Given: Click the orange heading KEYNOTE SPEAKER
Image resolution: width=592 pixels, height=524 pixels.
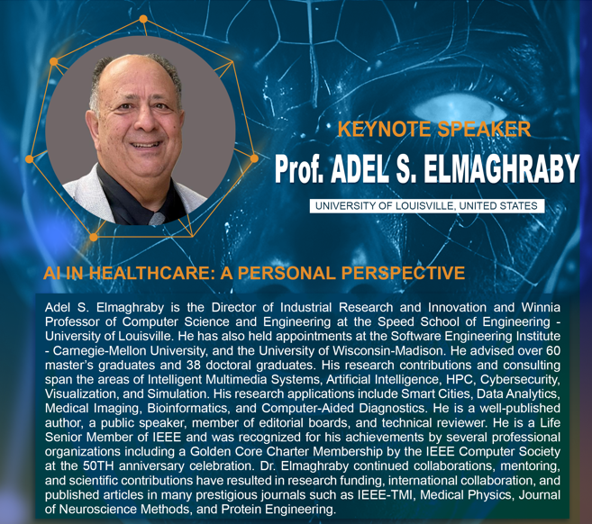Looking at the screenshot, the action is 433,129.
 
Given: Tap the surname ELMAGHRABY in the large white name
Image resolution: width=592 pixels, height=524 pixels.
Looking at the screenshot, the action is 501,168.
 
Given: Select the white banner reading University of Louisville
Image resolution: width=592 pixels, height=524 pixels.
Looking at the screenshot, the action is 427,206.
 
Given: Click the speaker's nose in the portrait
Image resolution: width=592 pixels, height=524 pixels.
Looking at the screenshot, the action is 145,123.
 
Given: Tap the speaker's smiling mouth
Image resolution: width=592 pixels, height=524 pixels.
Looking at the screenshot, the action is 146,144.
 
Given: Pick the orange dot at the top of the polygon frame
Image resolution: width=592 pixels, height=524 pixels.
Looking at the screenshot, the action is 143,19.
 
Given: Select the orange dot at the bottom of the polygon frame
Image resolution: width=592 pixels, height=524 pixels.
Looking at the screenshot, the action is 94,238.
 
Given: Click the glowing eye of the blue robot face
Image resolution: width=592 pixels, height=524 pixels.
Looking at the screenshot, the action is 457,109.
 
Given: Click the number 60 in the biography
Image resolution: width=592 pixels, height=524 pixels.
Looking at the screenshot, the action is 553,351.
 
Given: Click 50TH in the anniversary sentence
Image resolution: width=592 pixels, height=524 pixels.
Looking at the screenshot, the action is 98,465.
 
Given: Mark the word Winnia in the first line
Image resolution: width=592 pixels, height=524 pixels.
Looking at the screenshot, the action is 541,307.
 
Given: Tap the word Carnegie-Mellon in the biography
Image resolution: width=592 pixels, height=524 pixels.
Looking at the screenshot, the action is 100,351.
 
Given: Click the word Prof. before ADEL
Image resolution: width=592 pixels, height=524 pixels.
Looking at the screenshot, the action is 299,168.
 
